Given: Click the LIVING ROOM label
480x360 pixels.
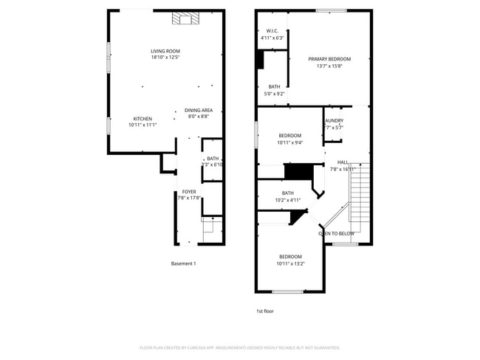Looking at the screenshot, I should [165, 51].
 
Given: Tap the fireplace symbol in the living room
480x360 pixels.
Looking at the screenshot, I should [182, 19].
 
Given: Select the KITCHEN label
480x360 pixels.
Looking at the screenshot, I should [143, 119].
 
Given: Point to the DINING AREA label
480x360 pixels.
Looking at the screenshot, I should [198, 110].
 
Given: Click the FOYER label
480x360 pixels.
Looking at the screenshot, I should [189, 192].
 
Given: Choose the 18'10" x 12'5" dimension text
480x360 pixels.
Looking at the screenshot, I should [165, 58].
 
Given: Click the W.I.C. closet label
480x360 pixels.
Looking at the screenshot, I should [272, 31].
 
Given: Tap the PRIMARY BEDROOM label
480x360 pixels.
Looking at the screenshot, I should [329, 59].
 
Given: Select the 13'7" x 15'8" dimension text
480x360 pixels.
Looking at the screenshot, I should [329, 66].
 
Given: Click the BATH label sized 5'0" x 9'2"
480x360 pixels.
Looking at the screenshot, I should [274, 87].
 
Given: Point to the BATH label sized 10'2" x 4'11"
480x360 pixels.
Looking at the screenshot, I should [287, 193].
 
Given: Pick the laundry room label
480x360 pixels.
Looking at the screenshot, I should [334, 120].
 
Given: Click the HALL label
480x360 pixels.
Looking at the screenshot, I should [343, 162].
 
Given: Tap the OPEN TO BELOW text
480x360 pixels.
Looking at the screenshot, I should [336, 233].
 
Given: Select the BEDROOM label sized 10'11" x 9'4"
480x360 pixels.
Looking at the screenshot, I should [289, 136].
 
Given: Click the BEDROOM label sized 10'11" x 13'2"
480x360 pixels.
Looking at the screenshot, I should [289, 257].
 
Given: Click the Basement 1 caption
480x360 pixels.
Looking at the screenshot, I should [183, 263].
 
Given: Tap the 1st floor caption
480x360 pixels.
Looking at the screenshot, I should [265, 311].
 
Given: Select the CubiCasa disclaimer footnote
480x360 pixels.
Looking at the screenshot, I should [240, 347].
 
